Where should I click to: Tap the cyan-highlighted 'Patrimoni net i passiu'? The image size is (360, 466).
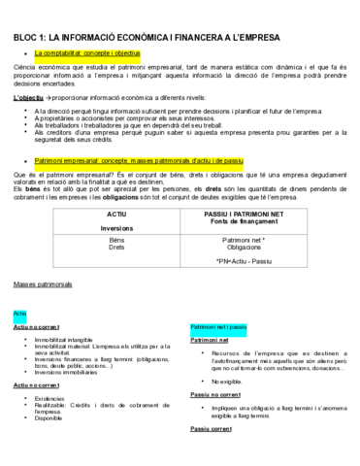point(218,328)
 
